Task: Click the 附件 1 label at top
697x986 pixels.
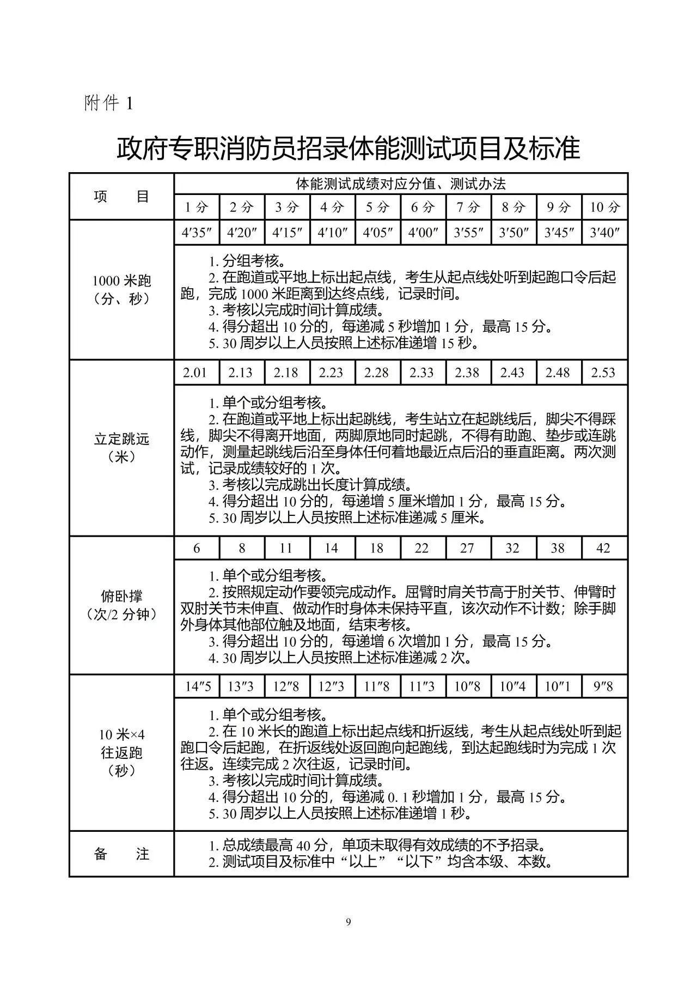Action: [x=108, y=103]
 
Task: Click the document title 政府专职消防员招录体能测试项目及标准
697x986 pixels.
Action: [x=348, y=148]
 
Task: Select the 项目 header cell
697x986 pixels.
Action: [x=121, y=197]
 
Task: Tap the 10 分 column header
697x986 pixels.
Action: [x=604, y=207]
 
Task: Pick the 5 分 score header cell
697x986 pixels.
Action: [x=377, y=207]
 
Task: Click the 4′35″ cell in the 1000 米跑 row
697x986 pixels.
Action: [x=197, y=233]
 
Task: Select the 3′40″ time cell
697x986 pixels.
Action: [x=604, y=233]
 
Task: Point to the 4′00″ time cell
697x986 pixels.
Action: [x=423, y=233]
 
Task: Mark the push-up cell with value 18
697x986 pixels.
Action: [x=377, y=548]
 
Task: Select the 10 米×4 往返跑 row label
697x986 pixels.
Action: [x=121, y=752]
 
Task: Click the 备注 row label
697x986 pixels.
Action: [x=121, y=854]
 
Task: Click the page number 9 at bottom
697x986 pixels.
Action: [x=348, y=922]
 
